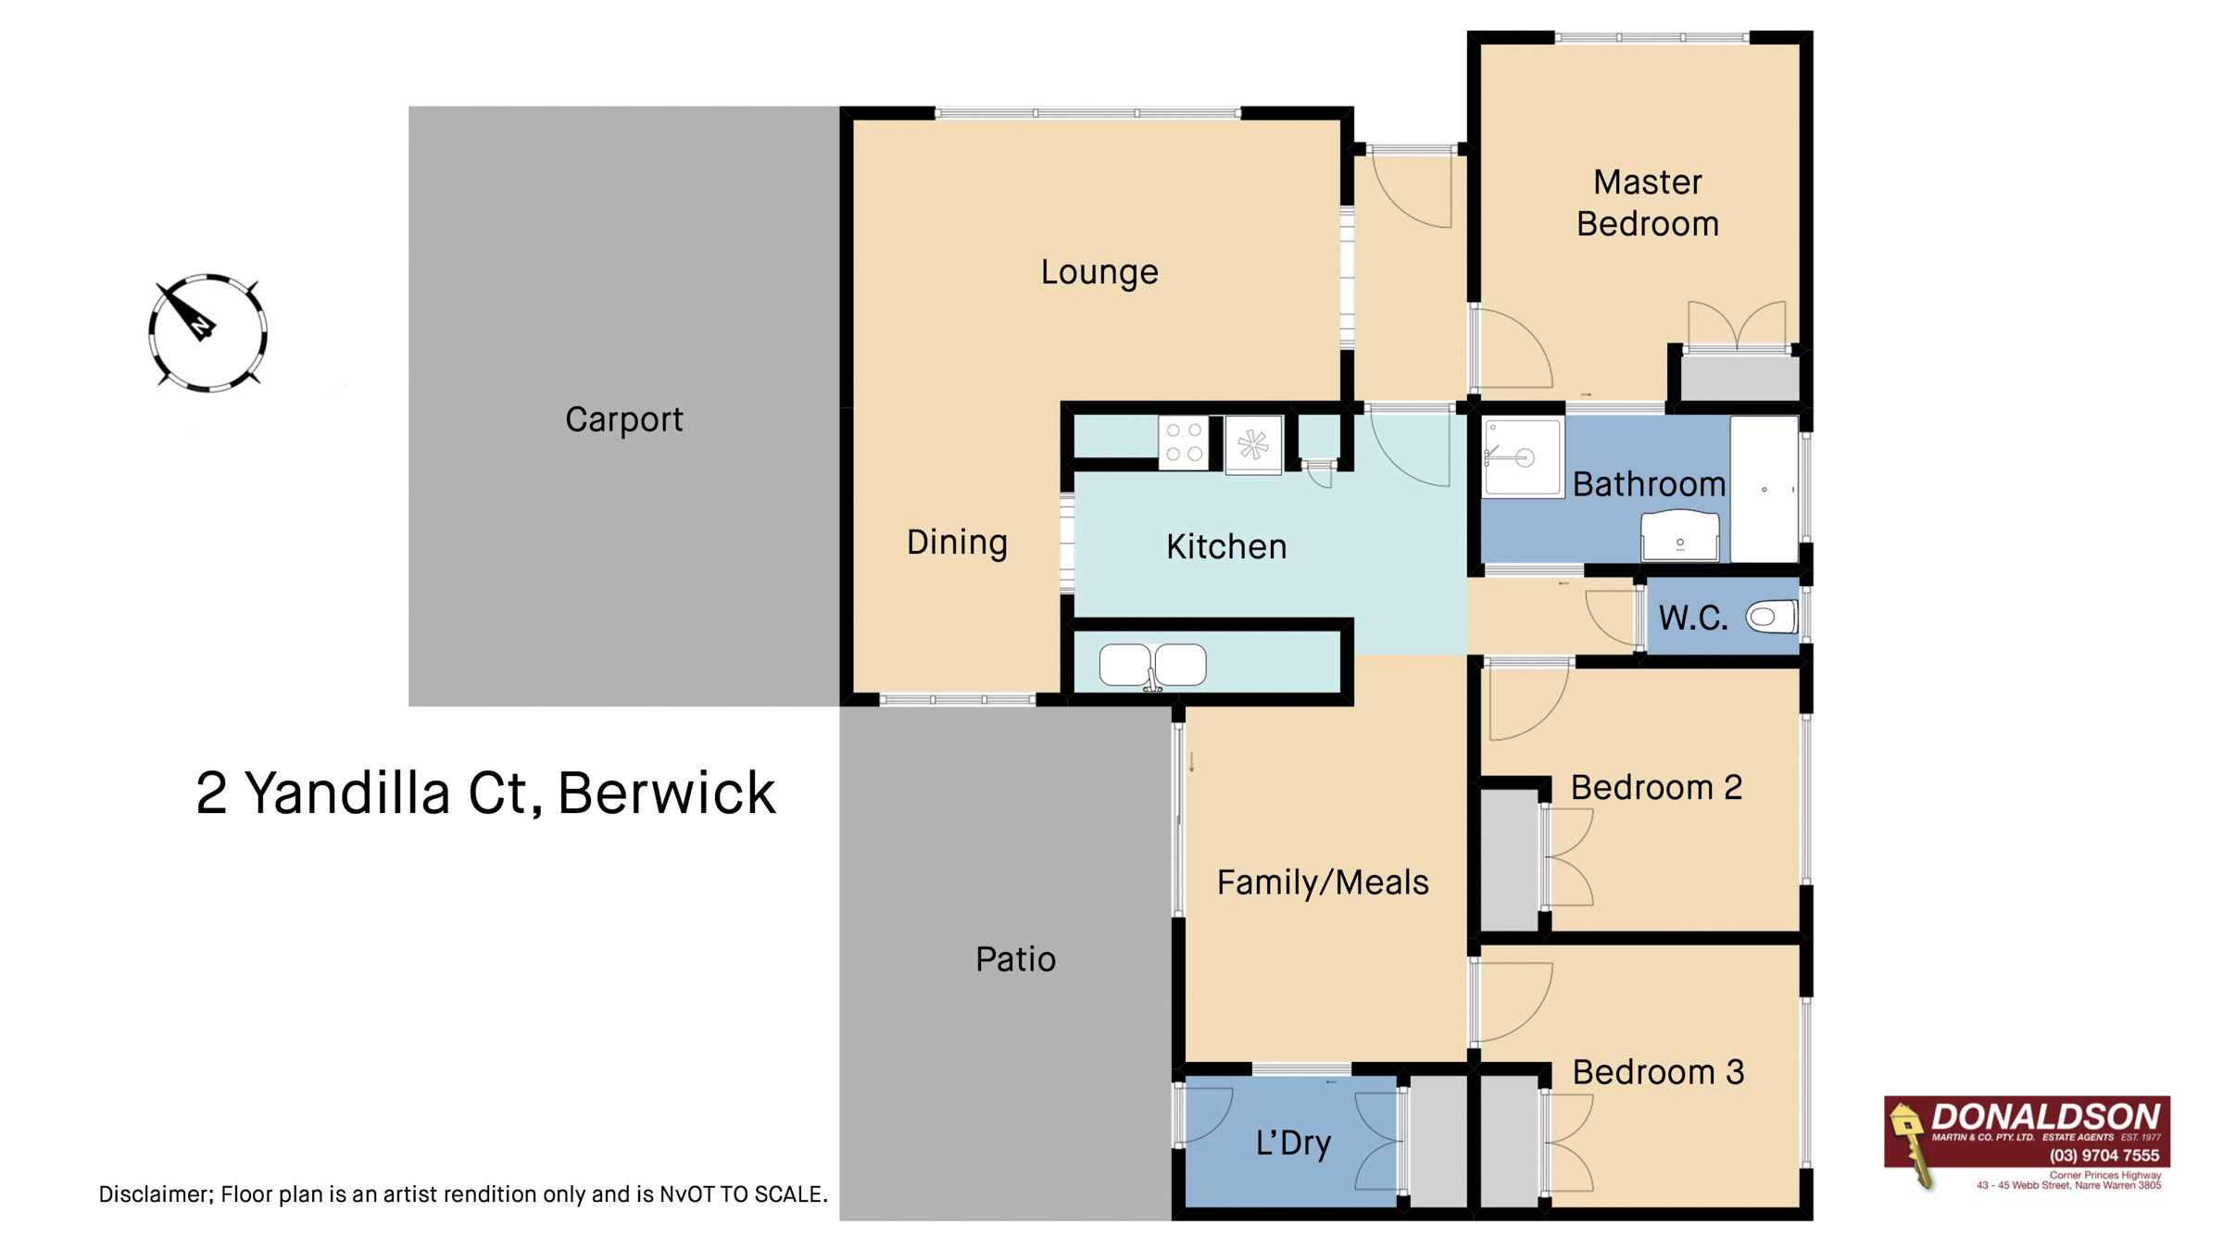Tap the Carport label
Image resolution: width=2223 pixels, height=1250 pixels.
click(623, 419)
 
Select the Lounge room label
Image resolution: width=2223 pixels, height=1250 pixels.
click(1099, 272)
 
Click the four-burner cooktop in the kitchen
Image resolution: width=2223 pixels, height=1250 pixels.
click(1184, 443)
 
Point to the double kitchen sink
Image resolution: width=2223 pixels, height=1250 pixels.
click(1152, 665)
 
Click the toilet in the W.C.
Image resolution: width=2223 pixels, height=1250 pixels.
click(1770, 617)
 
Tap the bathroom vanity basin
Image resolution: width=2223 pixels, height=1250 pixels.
click(1679, 536)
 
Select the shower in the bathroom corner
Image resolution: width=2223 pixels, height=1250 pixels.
click(1521, 457)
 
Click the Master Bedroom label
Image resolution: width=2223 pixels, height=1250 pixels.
click(1647, 203)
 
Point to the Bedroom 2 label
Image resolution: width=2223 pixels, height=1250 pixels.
click(1656, 787)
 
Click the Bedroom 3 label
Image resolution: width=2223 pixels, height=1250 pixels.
click(1658, 1072)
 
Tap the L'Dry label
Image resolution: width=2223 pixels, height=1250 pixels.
click(1293, 1143)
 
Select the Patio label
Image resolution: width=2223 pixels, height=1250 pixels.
click(1015, 959)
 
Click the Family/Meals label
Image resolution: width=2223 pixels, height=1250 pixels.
click(1322, 882)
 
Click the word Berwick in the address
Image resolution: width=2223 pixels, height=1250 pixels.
click(666, 794)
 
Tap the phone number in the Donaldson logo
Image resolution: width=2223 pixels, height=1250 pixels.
click(2104, 1156)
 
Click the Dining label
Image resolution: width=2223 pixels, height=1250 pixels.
click(956, 543)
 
